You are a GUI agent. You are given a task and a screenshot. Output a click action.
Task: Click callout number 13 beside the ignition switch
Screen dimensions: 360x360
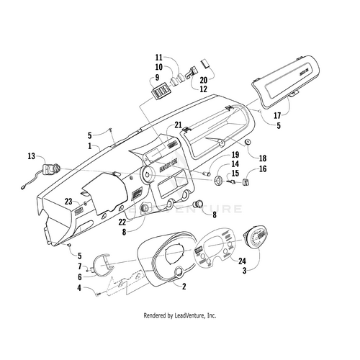31,156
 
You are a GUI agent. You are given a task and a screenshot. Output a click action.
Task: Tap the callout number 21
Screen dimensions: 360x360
178,125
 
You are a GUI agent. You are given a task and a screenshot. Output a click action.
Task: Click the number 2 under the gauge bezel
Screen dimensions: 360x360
184,287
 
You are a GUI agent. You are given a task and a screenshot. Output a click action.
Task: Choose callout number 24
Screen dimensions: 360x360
243,262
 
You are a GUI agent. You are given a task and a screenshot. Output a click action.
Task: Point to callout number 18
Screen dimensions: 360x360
263,158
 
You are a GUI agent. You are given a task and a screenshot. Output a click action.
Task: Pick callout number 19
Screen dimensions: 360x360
215,156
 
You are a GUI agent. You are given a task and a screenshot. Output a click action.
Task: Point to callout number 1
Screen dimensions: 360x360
89,145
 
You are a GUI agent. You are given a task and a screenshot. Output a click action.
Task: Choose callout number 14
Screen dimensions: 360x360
215,165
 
